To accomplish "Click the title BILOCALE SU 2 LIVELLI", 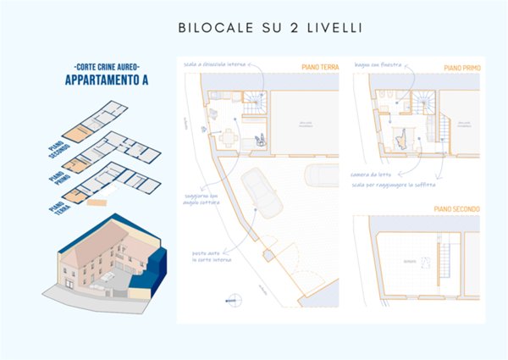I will click(270, 28).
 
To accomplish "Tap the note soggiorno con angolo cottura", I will click(204, 198).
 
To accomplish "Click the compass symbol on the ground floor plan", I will click(229, 296).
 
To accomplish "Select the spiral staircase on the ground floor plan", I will click(253, 106).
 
